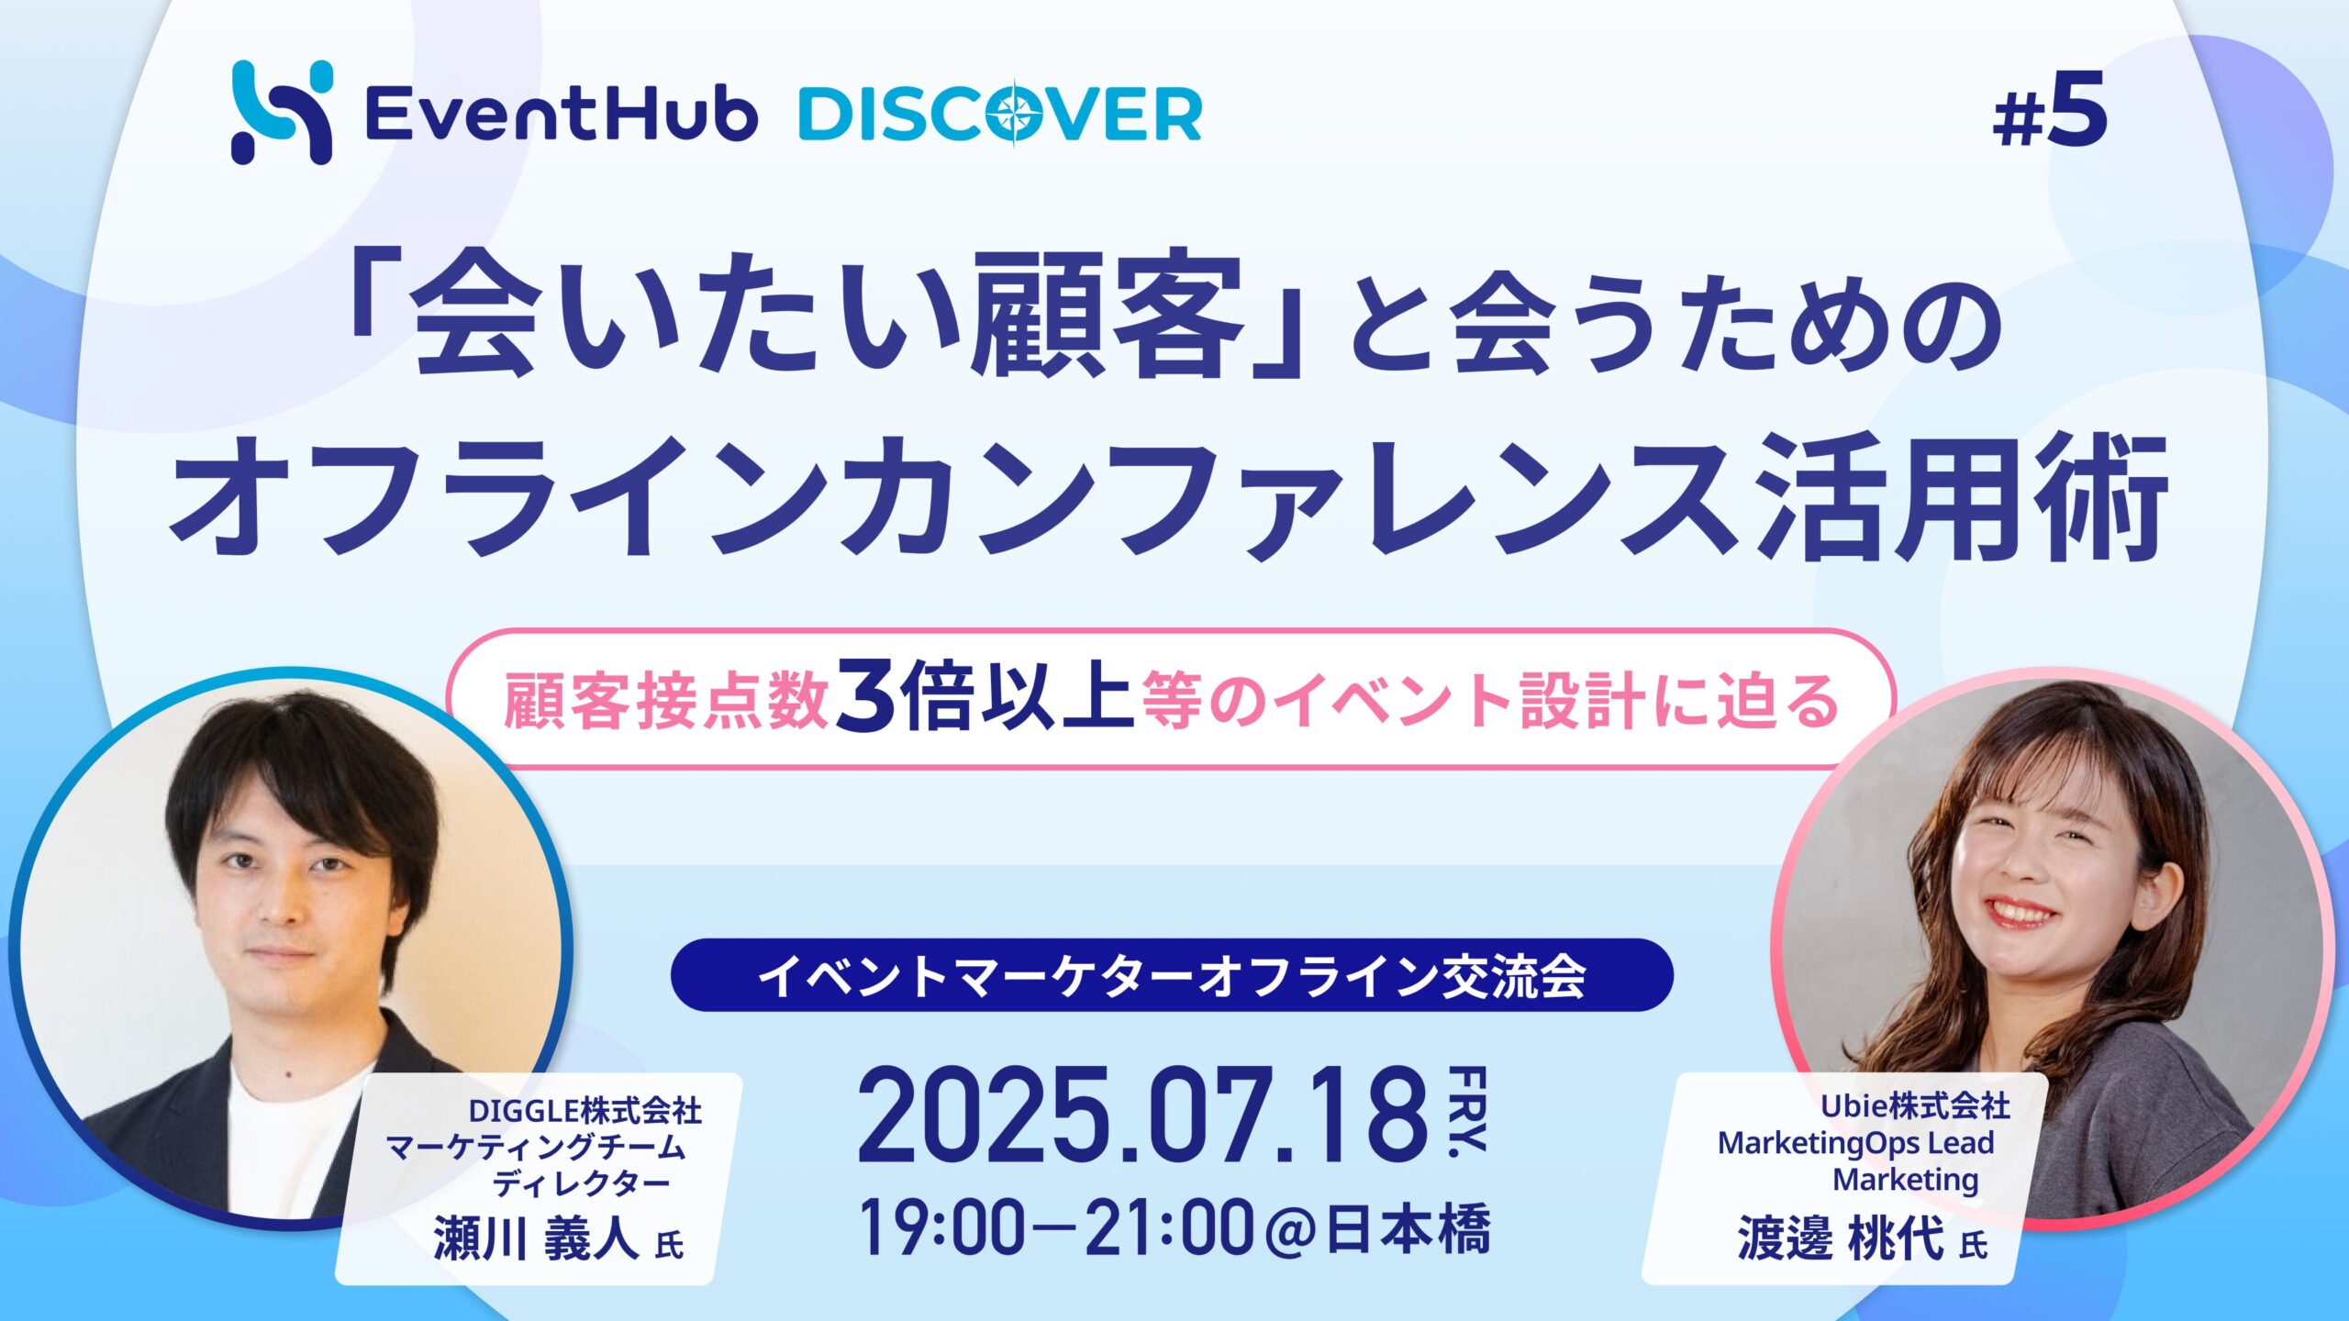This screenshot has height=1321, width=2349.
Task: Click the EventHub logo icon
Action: (x=281, y=112)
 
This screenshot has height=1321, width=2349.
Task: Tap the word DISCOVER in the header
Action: (x=1000, y=115)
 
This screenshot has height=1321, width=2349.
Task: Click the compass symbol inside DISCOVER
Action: (x=1018, y=115)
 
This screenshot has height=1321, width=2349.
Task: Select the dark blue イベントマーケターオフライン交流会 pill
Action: (x=1172, y=974)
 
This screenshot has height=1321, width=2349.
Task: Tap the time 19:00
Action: (x=942, y=1229)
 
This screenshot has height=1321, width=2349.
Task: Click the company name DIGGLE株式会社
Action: (x=585, y=1111)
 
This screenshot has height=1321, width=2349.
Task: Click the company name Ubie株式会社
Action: (x=1915, y=1106)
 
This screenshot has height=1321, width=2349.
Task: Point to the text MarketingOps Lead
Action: (x=1855, y=1143)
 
